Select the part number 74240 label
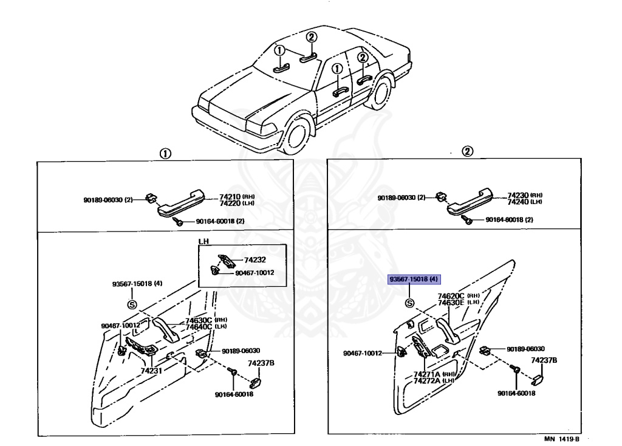pos(518,201)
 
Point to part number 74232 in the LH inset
pos(255,259)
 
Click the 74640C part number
pos(199,327)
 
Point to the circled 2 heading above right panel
pos(468,152)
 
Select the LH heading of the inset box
pos(203,241)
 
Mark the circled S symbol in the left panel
pos(132,304)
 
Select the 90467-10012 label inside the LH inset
pos(255,272)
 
